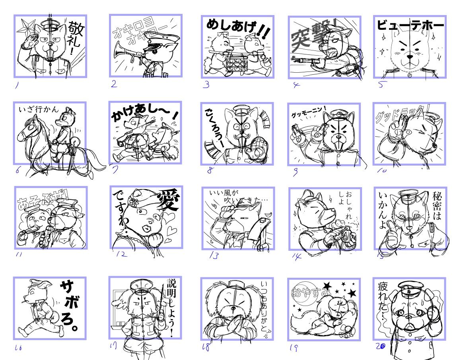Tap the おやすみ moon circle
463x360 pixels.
click(305, 293)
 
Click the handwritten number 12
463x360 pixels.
click(121, 254)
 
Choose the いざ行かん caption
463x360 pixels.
click(39, 109)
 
